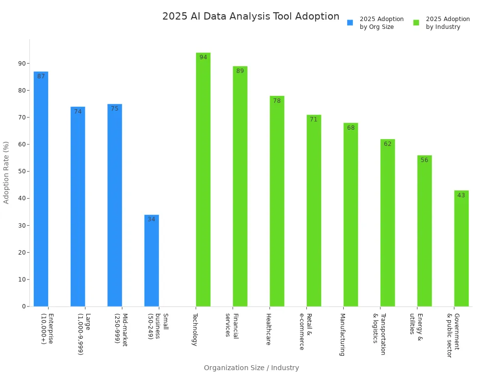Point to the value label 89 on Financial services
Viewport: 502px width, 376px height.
click(x=240, y=71)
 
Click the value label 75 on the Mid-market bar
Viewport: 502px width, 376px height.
click(x=114, y=109)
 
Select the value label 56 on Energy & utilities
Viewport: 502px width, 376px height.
click(x=424, y=161)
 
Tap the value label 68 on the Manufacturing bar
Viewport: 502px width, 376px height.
click(x=351, y=128)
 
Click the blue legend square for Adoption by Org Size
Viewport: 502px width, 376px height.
click(x=350, y=23)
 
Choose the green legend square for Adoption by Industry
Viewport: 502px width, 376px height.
click(x=416, y=23)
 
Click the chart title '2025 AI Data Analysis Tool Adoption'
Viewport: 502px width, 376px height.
click(x=251, y=17)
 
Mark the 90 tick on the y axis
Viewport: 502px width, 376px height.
click(x=22, y=63)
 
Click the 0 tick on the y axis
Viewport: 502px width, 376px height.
click(x=24, y=306)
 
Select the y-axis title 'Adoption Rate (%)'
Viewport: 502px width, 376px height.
click(x=6, y=172)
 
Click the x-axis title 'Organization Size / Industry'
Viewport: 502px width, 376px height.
click(x=251, y=368)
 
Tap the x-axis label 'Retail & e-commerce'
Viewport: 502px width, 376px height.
click(x=305, y=331)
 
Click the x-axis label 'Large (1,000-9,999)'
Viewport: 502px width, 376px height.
click(x=84, y=334)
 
